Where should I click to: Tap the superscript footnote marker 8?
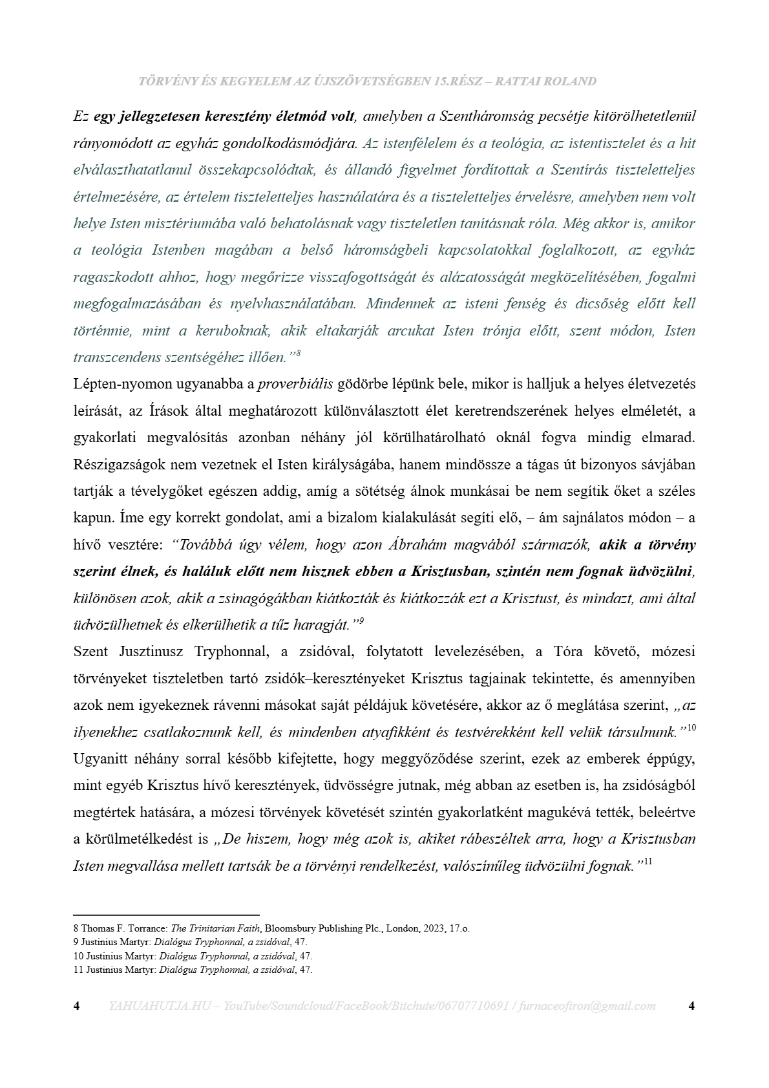coord(299,353)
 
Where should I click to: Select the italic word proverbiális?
coord(295,384)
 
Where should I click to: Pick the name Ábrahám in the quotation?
coord(417,545)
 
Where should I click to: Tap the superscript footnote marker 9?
coord(362,621)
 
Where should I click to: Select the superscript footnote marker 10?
coord(691,728)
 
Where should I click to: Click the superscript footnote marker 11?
coord(648,862)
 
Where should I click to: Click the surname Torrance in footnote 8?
coord(147,928)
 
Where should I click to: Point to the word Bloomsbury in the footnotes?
coord(289,928)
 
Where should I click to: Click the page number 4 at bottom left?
coord(77,1006)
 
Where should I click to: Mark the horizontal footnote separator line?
coord(166,915)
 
